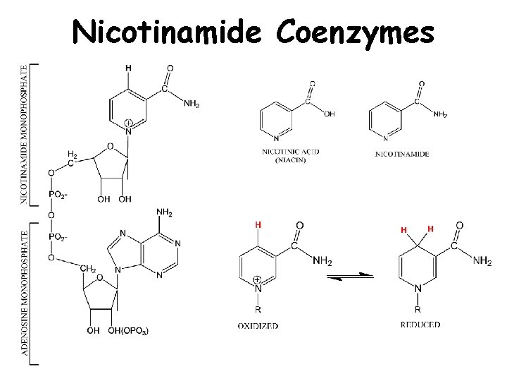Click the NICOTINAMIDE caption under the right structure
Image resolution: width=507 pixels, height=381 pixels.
coord(402,153)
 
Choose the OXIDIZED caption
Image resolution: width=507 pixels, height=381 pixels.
coord(258,325)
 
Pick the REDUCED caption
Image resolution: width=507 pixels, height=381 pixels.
coord(420,325)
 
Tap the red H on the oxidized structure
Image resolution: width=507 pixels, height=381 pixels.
coord(258,224)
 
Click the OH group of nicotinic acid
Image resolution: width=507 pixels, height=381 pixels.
coord(330,113)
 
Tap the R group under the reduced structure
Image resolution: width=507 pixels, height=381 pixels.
coord(418,309)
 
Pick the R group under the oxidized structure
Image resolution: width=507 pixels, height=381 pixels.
coord(258,309)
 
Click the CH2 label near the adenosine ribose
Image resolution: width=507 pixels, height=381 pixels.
coord(87,269)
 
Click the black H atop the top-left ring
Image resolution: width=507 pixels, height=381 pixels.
coord(127,68)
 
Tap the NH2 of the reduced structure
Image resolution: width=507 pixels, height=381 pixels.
coord(482,262)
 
